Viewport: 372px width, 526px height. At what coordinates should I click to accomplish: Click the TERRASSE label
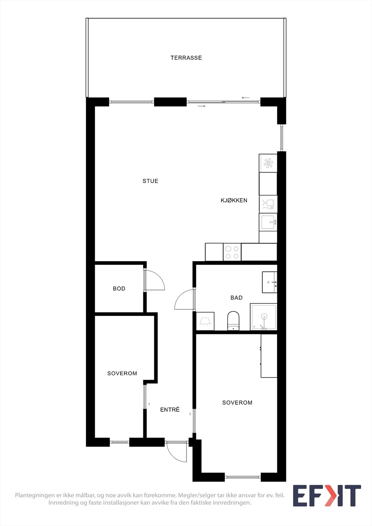[186, 58]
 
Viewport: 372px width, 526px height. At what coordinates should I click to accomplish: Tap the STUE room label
[150, 181]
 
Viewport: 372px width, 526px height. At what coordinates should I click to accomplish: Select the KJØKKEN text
[234, 200]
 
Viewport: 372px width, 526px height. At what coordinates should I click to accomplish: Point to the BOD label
[119, 289]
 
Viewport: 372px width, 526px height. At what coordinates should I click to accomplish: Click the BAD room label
[236, 298]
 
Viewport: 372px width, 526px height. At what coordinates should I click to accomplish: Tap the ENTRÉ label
[170, 410]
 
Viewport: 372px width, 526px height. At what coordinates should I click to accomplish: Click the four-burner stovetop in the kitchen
[232, 252]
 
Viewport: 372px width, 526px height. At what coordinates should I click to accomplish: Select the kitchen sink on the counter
[268, 222]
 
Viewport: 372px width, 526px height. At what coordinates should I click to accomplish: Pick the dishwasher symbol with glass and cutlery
[268, 204]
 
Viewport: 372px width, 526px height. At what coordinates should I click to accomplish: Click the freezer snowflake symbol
[268, 163]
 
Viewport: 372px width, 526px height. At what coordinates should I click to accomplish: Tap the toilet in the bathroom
[233, 321]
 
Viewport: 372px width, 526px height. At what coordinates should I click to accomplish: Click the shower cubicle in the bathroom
[264, 317]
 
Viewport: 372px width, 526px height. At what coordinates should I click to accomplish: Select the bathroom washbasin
[269, 282]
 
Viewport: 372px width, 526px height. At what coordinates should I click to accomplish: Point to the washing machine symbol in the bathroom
[205, 321]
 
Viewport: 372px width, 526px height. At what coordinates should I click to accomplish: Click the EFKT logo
[327, 495]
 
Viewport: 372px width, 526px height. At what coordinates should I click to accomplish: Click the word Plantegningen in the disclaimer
[35, 495]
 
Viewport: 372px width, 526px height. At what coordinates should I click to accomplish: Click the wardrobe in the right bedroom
[269, 356]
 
